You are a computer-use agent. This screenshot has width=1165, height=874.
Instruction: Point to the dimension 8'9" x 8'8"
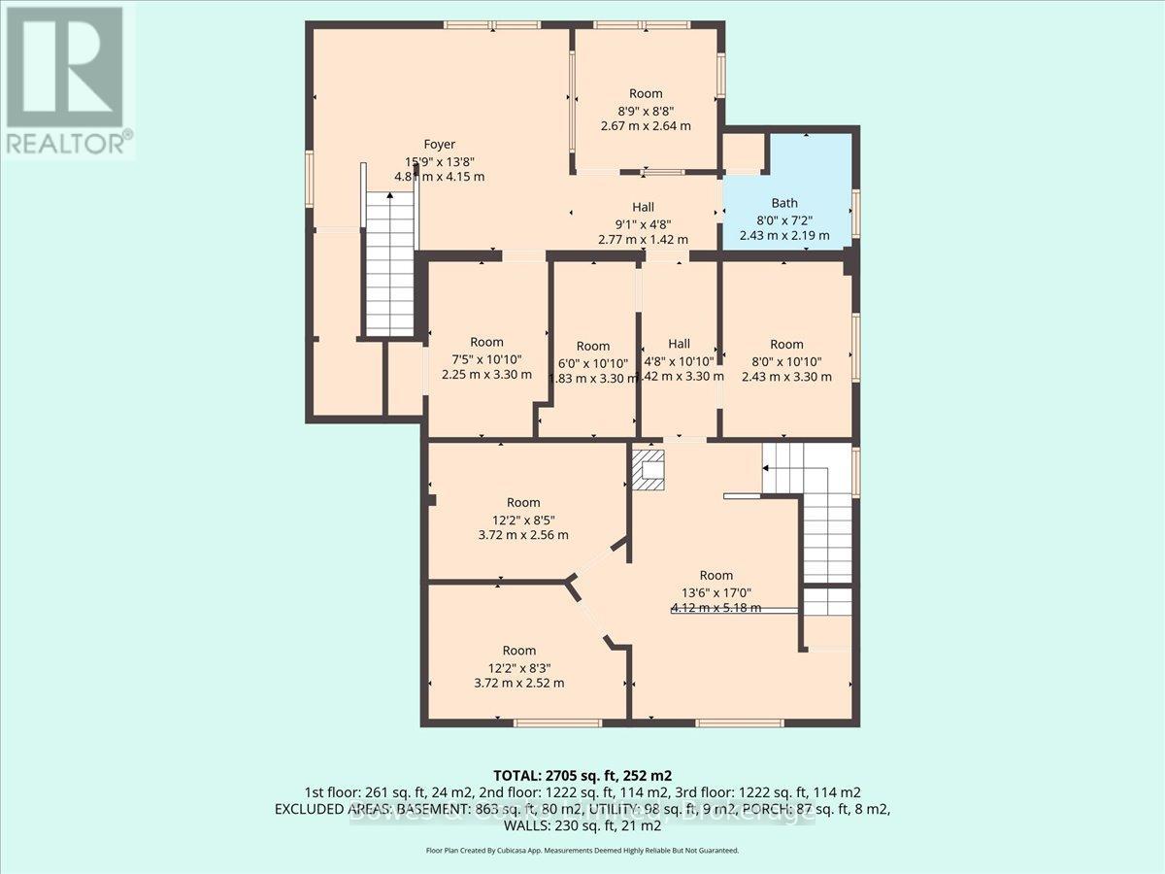[x=645, y=110]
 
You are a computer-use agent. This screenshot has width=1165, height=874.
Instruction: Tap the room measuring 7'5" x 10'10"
[x=486, y=358]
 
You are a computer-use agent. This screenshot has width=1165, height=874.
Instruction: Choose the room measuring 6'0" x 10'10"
[x=592, y=362]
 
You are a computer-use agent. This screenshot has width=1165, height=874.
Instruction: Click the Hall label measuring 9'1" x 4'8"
[x=643, y=207]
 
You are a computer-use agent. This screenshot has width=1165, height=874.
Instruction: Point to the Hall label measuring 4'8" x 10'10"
[x=679, y=344]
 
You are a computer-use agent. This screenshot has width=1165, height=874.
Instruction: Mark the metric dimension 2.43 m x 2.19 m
[x=784, y=235]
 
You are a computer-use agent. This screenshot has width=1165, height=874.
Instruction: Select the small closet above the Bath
[x=744, y=152]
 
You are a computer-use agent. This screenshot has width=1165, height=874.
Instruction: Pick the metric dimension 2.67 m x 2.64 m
[x=645, y=125]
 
